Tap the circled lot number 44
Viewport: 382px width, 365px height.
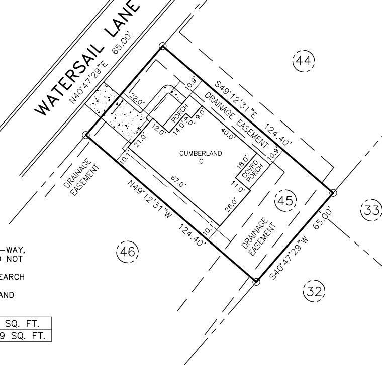(x=304, y=61)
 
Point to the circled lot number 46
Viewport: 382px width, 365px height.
(x=127, y=252)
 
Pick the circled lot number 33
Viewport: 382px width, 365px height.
(x=371, y=210)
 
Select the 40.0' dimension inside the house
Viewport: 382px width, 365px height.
(x=227, y=133)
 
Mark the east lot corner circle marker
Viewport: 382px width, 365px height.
(x=332, y=193)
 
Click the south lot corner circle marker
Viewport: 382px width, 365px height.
(x=256, y=282)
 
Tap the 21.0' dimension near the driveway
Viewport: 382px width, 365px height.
(x=140, y=135)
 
